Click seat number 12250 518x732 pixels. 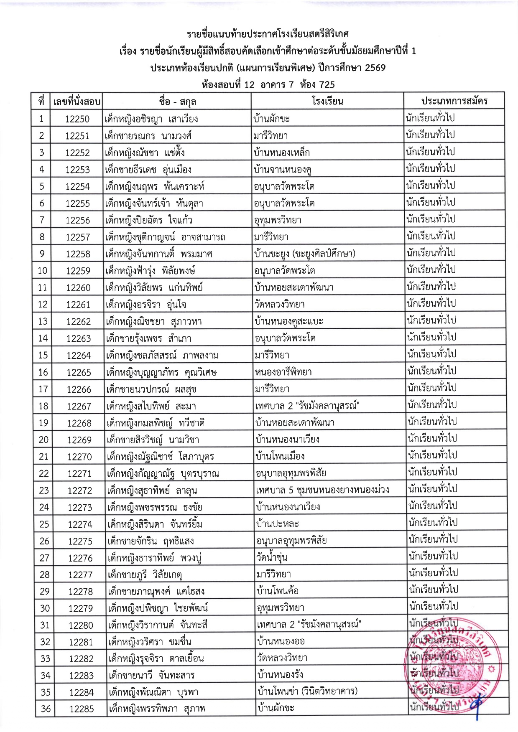[77, 119]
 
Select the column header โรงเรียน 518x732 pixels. [327, 101]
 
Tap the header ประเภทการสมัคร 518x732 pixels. [454, 101]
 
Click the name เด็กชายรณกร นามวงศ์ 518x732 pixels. [148, 136]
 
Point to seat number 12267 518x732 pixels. [79, 406]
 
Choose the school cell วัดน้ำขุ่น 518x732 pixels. [272, 558]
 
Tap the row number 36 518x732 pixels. [46, 709]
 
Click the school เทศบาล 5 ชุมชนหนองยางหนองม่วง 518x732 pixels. [322, 490]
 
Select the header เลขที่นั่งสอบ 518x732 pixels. [77, 101]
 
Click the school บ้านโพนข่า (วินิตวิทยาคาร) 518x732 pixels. [308, 692]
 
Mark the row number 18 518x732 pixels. [43, 406]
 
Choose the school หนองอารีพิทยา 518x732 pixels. [283, 372]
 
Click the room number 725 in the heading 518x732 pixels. [327, 85]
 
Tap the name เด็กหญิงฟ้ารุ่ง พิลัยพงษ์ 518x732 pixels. [151, 271]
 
